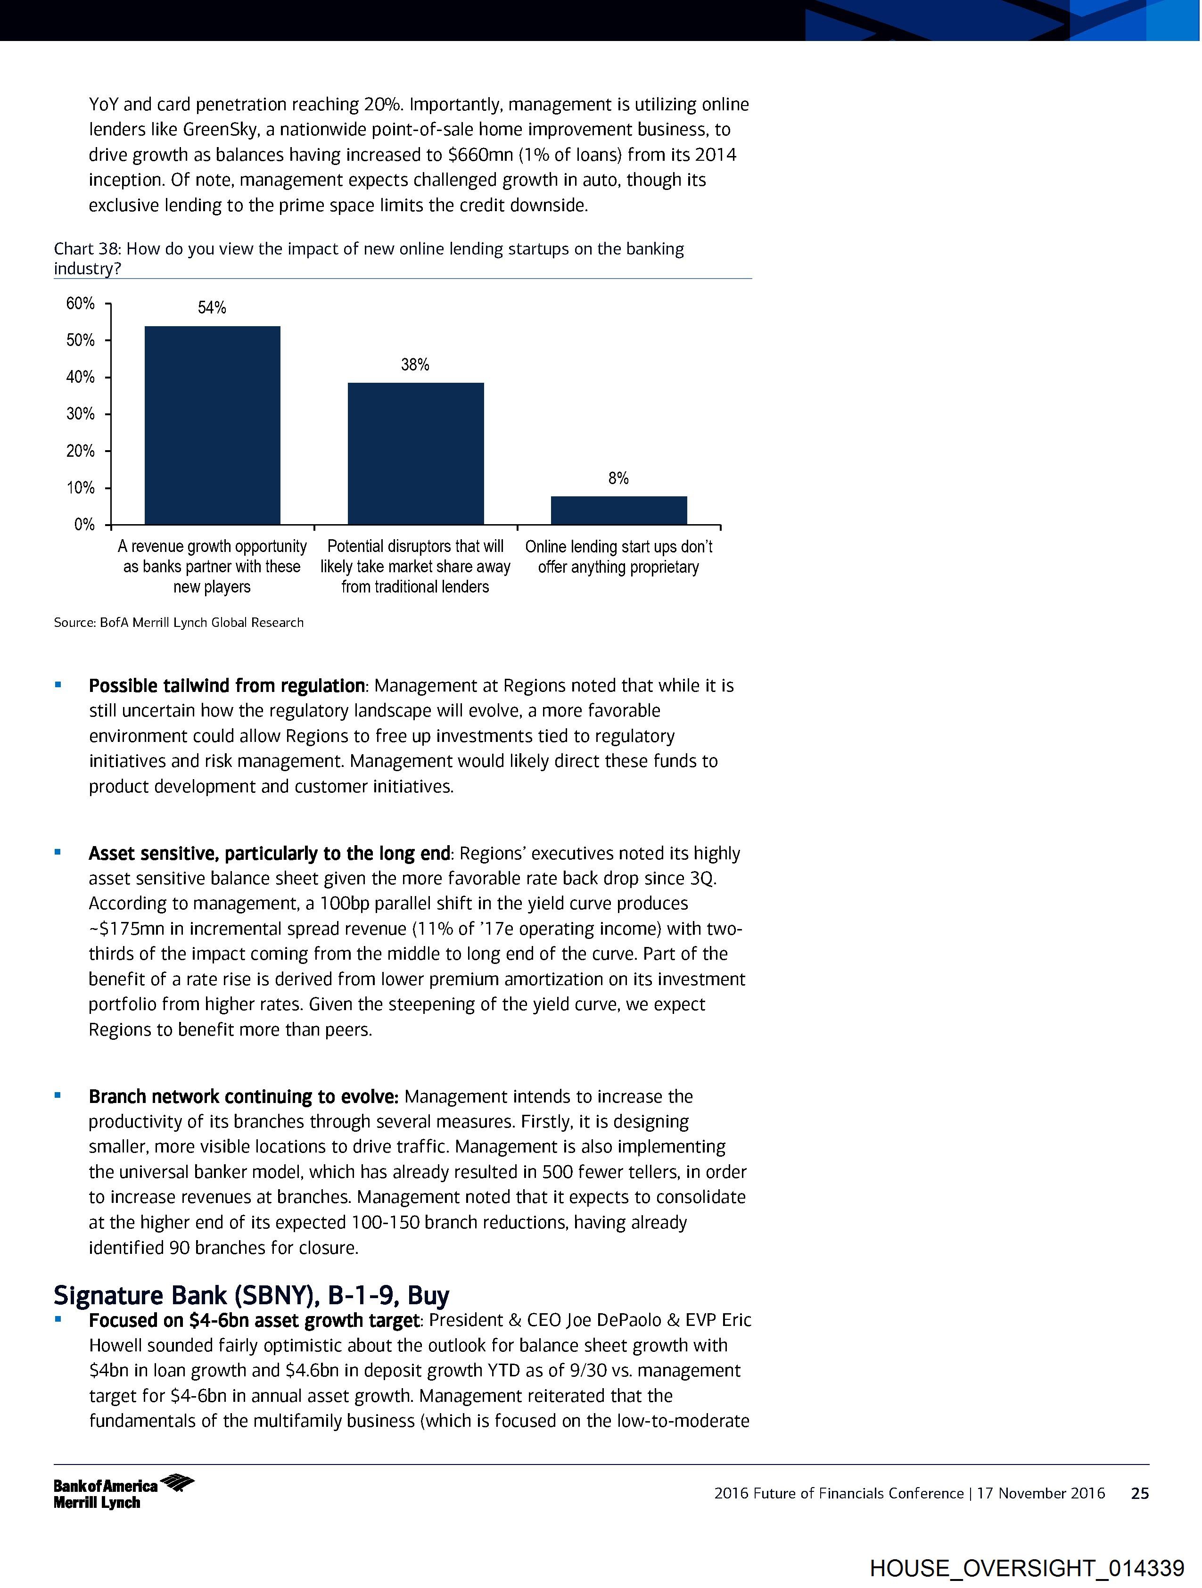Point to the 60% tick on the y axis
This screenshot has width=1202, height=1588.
pos(81,304)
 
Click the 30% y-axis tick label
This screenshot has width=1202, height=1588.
pos(81,414)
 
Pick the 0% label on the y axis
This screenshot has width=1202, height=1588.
pos(84,525)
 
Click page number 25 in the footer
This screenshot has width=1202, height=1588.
pos(1139,1493)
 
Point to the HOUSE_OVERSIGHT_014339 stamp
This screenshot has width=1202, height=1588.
pos(1026,1568)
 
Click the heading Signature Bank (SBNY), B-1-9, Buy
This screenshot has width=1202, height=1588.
pos(251,1295)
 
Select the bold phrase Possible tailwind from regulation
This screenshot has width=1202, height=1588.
pos(226,686)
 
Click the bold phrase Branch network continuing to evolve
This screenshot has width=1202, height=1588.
pos(243,1096)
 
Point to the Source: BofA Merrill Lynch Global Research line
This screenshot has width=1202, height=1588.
pos(179,622)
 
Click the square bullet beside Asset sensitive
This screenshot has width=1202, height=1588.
pos(58,853)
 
